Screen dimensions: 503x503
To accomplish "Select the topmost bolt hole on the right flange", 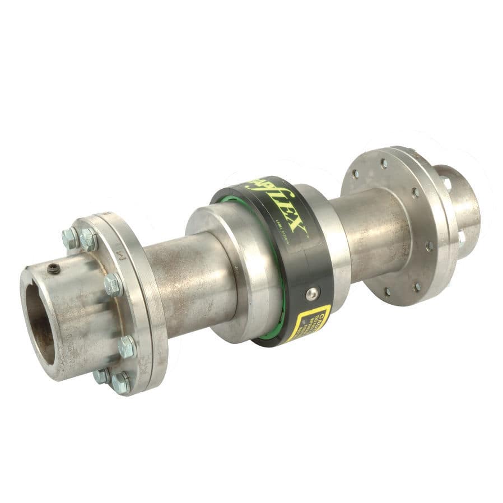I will click(x=384, y=163).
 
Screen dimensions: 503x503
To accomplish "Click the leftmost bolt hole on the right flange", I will click(x=355, y=174).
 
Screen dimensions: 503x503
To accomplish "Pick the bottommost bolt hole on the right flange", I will click(x=387, y=292).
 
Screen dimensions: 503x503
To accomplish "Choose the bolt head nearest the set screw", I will click(x=71, y=237).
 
